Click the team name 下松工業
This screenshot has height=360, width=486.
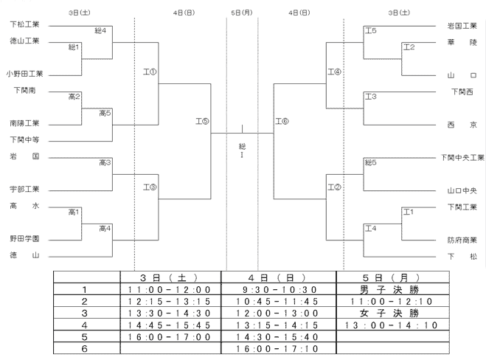pos(25,24)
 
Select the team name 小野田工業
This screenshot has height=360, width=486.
pos(24,74)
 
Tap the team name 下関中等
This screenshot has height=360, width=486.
pos(25,140)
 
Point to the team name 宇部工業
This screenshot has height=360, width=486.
pos(25,189)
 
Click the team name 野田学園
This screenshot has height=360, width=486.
pos(25,239)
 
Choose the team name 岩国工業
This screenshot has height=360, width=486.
pos(462,26)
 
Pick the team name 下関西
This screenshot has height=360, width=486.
pos(462,91)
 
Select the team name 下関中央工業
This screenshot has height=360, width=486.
pos(462,158)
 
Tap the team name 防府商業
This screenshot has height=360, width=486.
pos(462,240)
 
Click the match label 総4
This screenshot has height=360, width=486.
pos(100,31)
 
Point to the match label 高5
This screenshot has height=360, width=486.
pos(105,113)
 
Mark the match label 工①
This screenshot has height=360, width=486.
pos(150,72)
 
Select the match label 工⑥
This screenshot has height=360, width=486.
pos(282,121)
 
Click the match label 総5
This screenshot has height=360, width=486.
pos(371,162)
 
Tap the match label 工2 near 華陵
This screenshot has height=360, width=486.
pos(409,47)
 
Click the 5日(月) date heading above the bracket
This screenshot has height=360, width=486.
pos(242,13)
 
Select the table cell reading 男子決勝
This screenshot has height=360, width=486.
pos(389,290)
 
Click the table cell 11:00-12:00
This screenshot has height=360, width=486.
pos(169,290)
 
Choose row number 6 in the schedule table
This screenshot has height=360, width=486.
pos(85,349)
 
